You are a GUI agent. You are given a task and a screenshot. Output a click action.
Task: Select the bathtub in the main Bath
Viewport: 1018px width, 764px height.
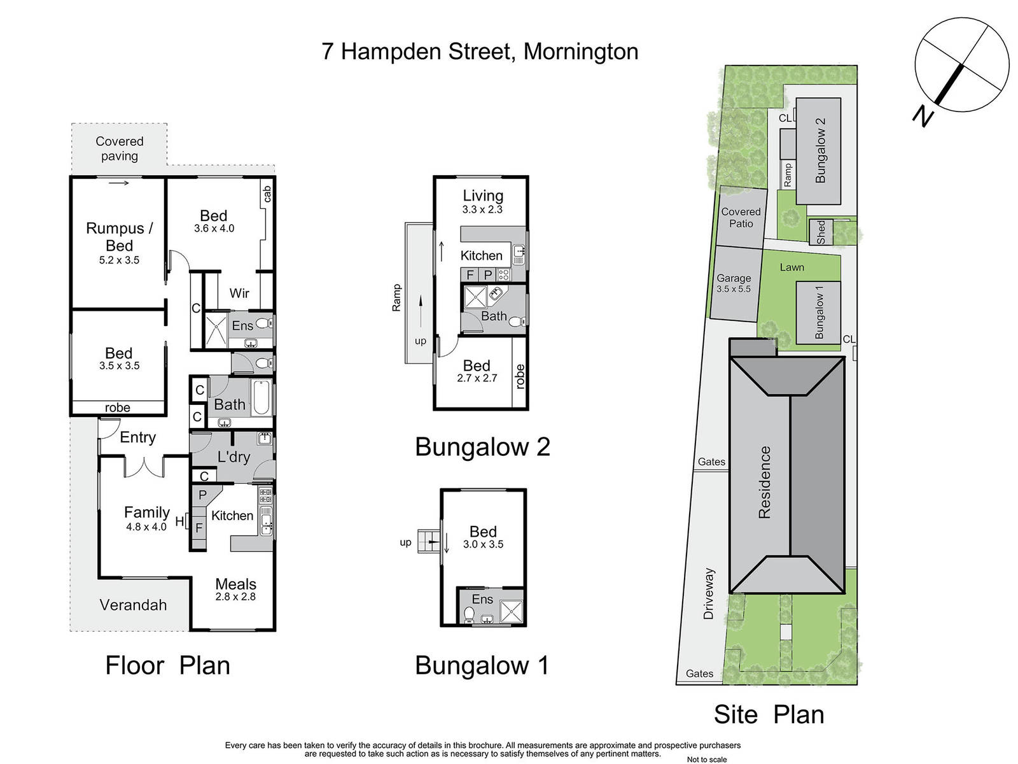(x=261, y=397)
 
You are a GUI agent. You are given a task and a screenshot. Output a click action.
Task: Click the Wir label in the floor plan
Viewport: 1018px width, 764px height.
(x=239, y=293)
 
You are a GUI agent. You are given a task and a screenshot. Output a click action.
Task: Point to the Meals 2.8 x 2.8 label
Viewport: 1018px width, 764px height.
(x=235, y=589)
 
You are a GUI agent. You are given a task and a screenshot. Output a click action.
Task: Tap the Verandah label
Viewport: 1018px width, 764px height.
(x=133, y=605)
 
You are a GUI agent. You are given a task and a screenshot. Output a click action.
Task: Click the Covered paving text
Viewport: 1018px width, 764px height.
(x=119, y=148)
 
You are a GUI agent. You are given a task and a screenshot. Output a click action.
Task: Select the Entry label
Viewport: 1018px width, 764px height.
(x=137, y=437)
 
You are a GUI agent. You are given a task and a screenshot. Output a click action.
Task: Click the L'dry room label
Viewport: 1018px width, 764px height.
(x=234, y=457)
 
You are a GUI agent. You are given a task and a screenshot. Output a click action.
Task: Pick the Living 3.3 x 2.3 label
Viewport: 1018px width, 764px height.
(x=483, y=201)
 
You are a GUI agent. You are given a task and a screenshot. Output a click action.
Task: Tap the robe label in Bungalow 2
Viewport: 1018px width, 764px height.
(x=520, y=376)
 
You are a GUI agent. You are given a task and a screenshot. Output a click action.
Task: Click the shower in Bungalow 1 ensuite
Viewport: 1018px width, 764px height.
(x=511, y=611)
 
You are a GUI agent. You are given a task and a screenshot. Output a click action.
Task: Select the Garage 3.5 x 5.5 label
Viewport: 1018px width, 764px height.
(x=734, y=283)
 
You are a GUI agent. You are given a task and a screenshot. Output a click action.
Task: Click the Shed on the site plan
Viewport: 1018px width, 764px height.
(x=821, y=232)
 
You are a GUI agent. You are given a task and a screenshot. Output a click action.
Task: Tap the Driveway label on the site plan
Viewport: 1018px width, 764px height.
(x=708, y=593)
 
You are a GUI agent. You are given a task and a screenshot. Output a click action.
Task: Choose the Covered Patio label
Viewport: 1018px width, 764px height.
(x=741, y=218)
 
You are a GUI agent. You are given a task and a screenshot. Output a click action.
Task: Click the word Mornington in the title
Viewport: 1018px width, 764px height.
(x=581, y=52)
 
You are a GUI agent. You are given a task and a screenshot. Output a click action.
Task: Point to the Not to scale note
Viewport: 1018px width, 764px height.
(x=707, y=760)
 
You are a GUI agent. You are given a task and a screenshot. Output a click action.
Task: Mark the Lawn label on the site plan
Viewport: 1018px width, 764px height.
(x=792, y=267)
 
